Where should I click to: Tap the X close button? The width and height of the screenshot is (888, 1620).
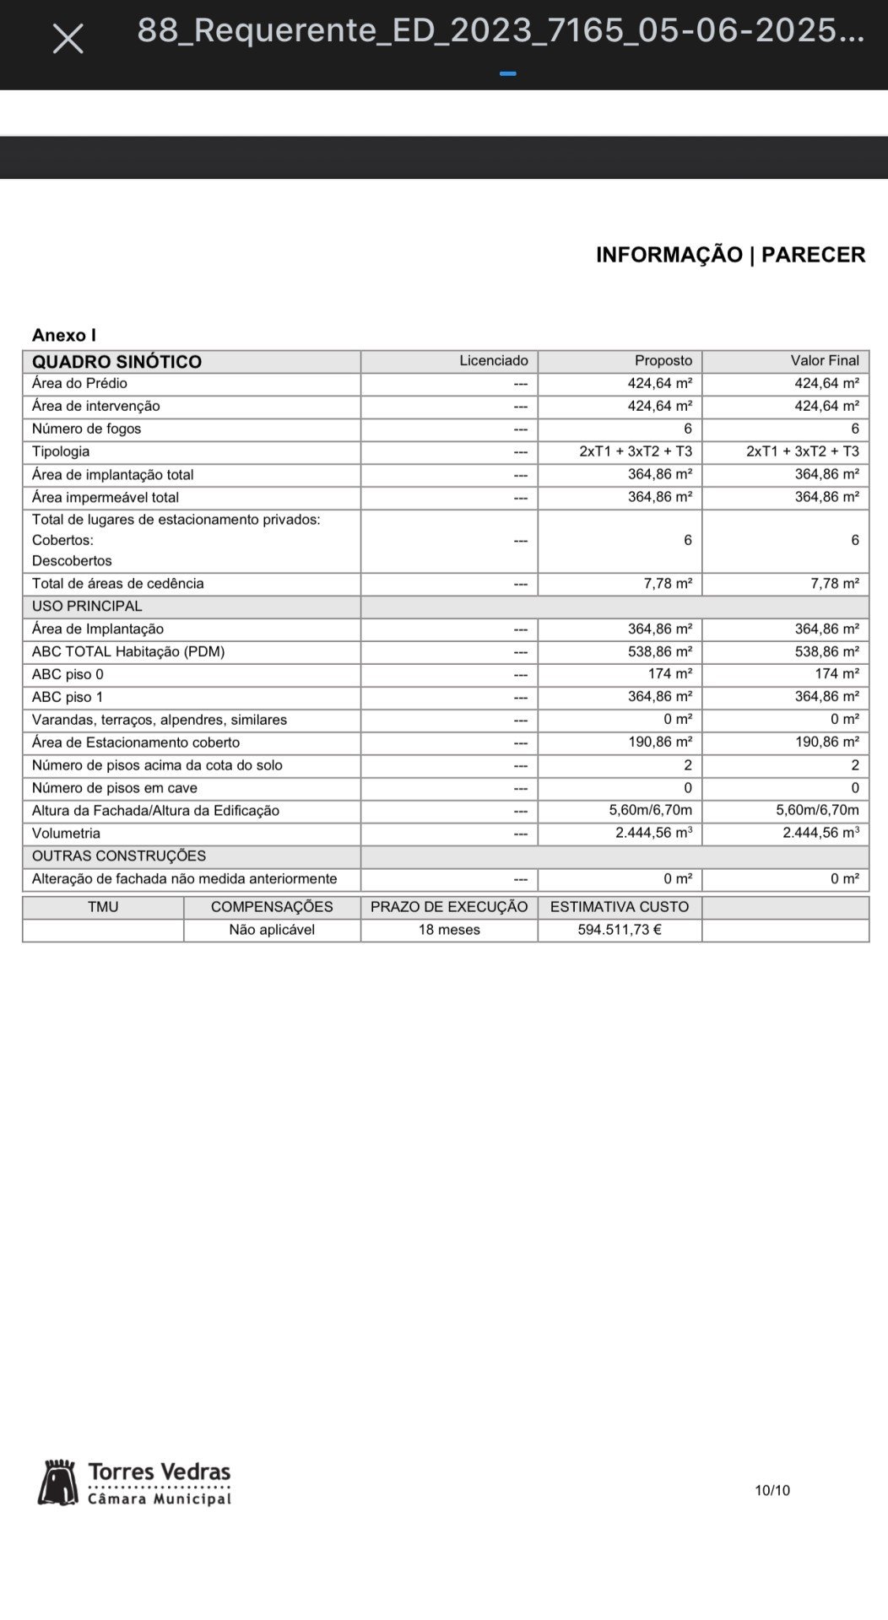coord(68,39)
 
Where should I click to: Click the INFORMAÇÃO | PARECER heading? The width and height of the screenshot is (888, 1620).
coord(730,255)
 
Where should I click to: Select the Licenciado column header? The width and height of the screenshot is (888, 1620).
coord(494,361)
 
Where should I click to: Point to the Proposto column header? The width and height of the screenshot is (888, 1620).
coord(663,361)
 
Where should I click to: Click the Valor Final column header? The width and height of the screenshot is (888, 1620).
coord(825,361)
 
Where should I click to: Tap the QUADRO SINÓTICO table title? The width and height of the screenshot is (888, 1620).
coord(116,362)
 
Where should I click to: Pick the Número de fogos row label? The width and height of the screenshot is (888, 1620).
coord(86,429)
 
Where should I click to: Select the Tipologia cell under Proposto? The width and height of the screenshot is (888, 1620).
coord(636,451)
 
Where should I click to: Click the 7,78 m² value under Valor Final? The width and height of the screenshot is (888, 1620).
coord(835,583)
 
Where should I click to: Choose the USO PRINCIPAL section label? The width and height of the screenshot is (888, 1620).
coord(87,606)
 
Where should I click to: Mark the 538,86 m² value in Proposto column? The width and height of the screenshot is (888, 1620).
coord(659,651)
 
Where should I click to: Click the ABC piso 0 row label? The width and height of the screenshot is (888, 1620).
coord(68,674)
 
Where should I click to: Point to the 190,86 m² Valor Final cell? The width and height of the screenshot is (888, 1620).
coord(826,742)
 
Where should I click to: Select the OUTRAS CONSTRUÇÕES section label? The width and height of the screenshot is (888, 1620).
coord(119,856)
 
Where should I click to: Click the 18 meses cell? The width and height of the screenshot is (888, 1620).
coord(449,930)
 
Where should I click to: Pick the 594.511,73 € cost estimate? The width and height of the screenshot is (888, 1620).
coord(620,930)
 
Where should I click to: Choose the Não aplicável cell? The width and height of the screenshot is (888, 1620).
coord(272,930)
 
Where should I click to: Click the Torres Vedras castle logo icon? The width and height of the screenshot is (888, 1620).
coord(57,1483)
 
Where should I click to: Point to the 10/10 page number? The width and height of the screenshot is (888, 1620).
coord(772,1491)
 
